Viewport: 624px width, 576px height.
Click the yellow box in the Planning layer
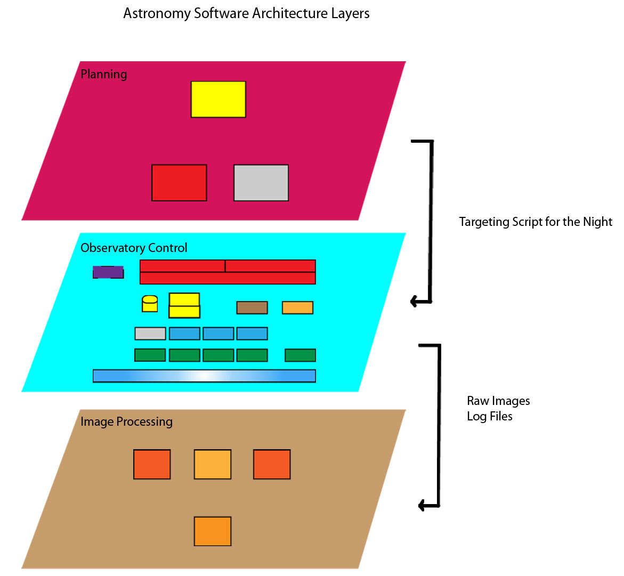click(218, 99)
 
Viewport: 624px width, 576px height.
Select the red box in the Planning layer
click(179, 183)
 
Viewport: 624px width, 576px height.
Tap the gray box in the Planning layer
click(261, 183)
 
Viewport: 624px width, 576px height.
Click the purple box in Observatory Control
click(108, 272)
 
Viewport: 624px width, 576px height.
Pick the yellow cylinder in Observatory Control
click(150, 304)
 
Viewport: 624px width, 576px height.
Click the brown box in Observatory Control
click(252, 307)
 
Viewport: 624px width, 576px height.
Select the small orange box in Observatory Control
click(297, 307)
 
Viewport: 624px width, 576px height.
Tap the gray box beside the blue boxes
click(150, 334)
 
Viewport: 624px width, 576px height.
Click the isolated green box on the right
click(301, 355)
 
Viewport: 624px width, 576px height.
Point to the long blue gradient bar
click(204, 376)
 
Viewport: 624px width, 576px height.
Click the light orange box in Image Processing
click(213, 464)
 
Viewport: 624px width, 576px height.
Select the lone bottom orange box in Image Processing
click(213, 531)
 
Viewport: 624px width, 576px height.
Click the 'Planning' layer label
click(104, 74)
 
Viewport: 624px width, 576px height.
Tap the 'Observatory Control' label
click(134, 248)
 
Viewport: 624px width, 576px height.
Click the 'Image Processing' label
click(126, 421)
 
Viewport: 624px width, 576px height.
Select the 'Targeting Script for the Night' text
click(536, 222)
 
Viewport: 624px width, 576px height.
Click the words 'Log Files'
click(490, 416)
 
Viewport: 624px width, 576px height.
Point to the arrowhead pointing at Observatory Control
click(414, 302)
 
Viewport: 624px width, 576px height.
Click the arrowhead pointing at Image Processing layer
click(422, 505)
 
